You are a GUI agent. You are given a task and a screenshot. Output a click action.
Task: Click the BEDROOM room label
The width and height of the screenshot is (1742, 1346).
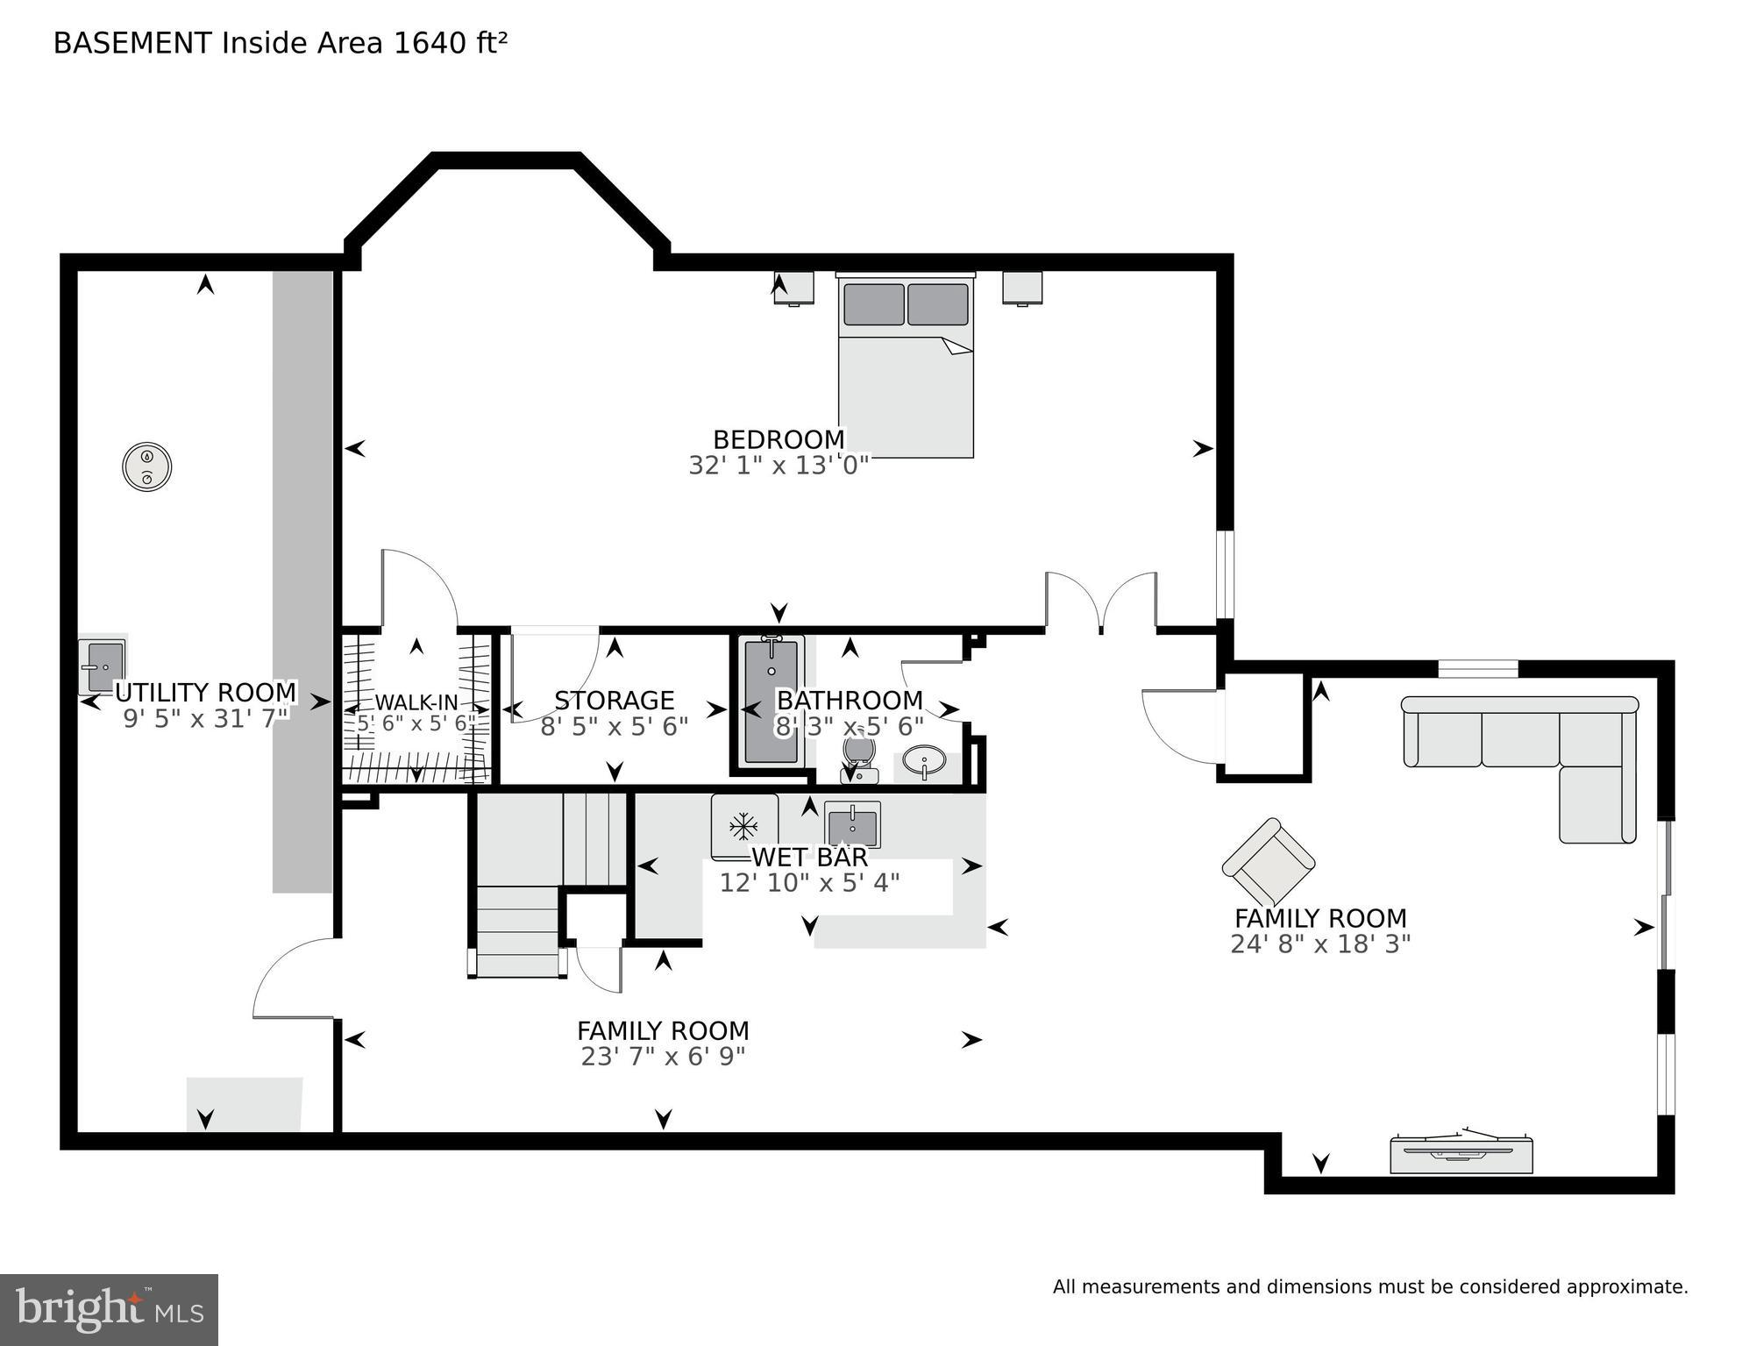click(779, 439)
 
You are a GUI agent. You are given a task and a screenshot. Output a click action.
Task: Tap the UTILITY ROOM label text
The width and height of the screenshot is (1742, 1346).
click(206, 693)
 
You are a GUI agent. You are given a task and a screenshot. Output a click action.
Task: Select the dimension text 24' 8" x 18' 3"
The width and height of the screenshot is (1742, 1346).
click(1319, 944)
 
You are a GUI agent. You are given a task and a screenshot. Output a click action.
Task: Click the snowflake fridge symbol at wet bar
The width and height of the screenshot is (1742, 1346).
click(743, 825)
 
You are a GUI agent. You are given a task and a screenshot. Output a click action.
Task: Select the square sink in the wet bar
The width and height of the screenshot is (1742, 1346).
click(852, 824)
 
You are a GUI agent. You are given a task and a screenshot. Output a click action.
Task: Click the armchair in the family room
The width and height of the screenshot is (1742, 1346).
click(1268, 862)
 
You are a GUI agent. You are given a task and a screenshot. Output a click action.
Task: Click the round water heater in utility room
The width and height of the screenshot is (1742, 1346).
click(146, 466)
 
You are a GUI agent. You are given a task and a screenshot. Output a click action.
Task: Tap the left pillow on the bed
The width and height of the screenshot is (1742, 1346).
click(873, 304)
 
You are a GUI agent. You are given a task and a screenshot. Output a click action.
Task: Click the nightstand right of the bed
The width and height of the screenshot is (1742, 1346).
click(1022, 288)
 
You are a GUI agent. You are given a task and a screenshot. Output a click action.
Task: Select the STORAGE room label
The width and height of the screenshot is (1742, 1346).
click(614, 701)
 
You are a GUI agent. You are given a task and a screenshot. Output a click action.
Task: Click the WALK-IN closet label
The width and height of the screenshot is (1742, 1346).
click(416, 702)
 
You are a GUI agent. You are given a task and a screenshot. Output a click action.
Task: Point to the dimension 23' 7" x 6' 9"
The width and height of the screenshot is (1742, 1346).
click(663, 1057)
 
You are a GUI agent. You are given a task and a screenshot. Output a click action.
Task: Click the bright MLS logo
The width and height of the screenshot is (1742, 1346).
click(109, 1309)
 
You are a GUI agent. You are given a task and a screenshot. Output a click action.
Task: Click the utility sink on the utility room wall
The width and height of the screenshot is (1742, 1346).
click(103, 665)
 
